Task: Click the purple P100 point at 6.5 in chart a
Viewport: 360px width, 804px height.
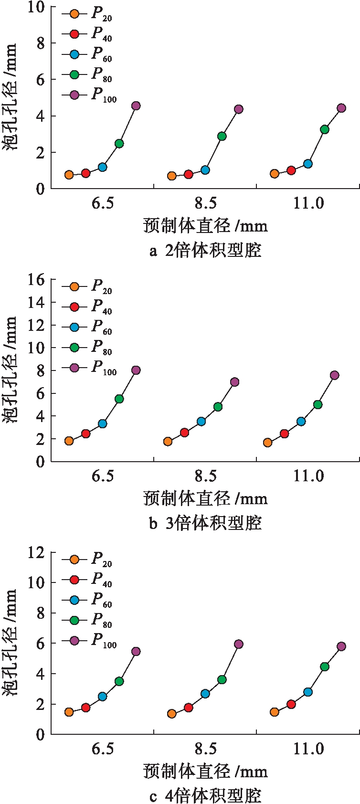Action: point(136,106)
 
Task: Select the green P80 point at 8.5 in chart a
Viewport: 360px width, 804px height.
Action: point(222,136)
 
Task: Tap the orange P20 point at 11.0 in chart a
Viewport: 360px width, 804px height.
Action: point(275,174)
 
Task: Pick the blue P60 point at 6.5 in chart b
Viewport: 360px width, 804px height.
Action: point(102,423)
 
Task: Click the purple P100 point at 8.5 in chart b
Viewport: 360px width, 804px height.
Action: point(234,382)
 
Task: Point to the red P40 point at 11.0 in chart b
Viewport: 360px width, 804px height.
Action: point(284,434)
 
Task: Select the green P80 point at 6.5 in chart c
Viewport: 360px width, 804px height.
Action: point(119,681)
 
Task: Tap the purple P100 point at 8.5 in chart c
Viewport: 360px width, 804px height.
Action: point(239,644)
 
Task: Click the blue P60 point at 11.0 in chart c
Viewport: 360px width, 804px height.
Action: point(308,692)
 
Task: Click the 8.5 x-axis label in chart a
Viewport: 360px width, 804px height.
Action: point(205,204)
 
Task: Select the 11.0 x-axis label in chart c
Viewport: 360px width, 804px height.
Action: point(308,749)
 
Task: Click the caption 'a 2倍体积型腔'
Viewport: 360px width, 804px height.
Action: point(205,250)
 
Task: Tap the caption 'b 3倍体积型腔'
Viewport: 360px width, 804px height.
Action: point(205,523)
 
